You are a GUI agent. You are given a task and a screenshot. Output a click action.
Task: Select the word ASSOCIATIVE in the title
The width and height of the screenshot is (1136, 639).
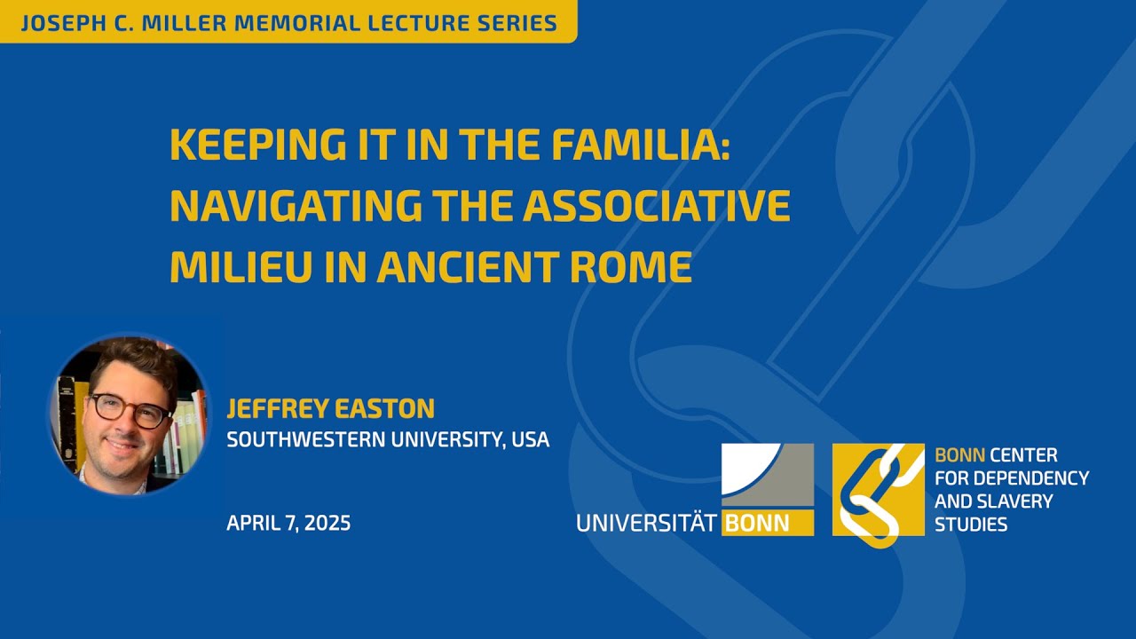coord(656,206)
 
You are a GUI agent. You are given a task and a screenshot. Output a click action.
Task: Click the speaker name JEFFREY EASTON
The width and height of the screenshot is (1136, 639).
coord(330,409)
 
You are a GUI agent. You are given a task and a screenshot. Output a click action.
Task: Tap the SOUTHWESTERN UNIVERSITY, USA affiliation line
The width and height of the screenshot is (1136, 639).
coord(388,439)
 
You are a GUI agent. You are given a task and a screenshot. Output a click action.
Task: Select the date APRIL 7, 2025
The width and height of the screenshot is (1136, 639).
coord(288,523)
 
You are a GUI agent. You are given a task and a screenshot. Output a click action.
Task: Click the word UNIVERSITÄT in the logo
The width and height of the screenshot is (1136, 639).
coord(646,523)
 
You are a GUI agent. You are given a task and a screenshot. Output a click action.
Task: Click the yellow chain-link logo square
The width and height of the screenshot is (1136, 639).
coord(878,490)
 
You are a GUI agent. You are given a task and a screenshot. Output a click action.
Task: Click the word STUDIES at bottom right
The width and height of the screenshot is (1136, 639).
coord(971,525)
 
